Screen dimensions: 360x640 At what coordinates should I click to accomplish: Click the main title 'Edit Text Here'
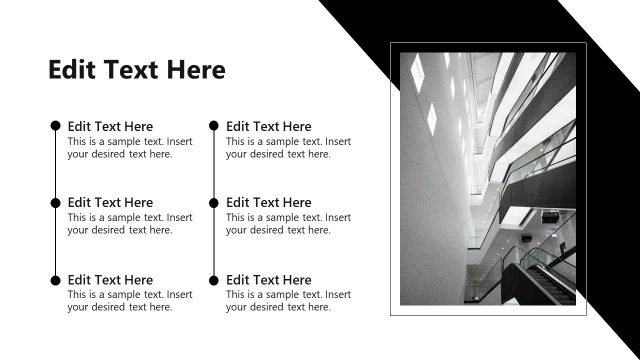pyautogui.click(x=137, y=70)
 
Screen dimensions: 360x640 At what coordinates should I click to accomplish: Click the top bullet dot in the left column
pyautogui.click(x=55, y=126)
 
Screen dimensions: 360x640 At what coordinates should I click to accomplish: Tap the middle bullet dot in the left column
pyautogui.click(x=55, y=202)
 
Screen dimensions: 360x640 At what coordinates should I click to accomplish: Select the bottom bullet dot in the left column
pyautogui.click(x=55, y=280)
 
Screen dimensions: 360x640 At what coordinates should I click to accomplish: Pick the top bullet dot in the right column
pyautogui.click(x=214, y=126)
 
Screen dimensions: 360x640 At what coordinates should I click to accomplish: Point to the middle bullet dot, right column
pyautogui.click(x=214, y=202)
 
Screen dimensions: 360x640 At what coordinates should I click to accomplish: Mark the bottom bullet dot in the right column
pyautogui.click(x=214, y=280)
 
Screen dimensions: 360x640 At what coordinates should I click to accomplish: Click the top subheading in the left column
pyautogui.click(x=110, y=126)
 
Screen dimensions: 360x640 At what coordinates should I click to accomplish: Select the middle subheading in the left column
pyautogui.click(x=110, y=202)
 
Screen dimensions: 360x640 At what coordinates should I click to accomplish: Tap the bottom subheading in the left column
pyautogui.click(x=110, y=280)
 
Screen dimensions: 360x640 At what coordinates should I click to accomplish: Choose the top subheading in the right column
pyautogui.click(x=269, y=126)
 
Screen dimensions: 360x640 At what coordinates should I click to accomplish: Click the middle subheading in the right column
pyautogui.click(x=269, y=202)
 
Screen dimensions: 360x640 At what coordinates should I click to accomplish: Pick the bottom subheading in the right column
pyautogui.click(x=269, y=280)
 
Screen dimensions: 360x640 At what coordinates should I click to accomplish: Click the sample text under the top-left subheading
pyautogui.click(x=130, y=148)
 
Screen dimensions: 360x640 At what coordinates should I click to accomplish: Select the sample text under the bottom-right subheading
pyautogui.click(x=289, y=301)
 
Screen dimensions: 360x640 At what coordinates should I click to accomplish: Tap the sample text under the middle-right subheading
pyautogui.click(x=289, y=224)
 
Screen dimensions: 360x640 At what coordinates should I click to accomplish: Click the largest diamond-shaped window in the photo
pyautogui.click(x=433, y=117)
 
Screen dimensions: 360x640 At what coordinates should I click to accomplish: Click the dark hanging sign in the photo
pyautogui.click(x=549, y=216)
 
